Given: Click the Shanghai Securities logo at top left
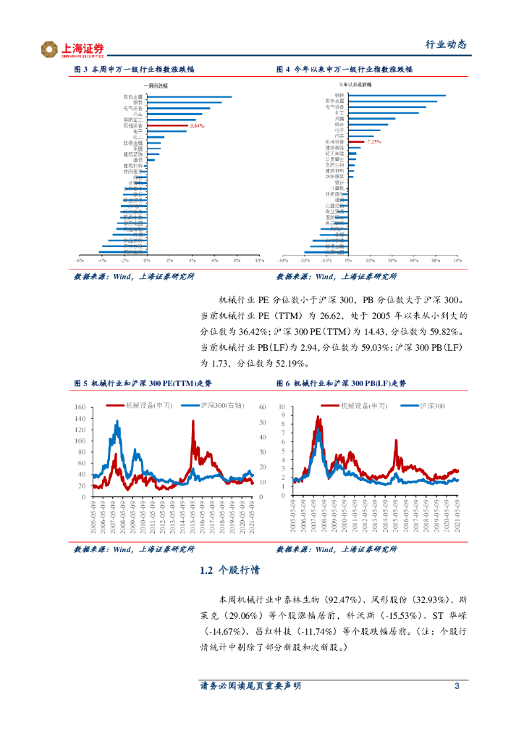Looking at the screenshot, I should click(x=72, y=49).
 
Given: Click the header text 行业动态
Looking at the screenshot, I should click(x=445, y=45).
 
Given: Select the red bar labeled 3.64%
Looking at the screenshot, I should click(x=166, y=125).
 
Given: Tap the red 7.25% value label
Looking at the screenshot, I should click(x=373, y=141).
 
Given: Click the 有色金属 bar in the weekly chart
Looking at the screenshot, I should click(x=188, y=97).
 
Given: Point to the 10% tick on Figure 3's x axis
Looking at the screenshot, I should click(x=259, y=259).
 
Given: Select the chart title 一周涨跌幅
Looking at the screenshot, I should click(x=132, y=85).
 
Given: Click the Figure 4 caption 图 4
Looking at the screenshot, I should click(x=284, y=70).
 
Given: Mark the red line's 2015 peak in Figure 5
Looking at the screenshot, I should click(x=193, y=421).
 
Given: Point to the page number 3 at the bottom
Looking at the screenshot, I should click(x=457, y=686).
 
